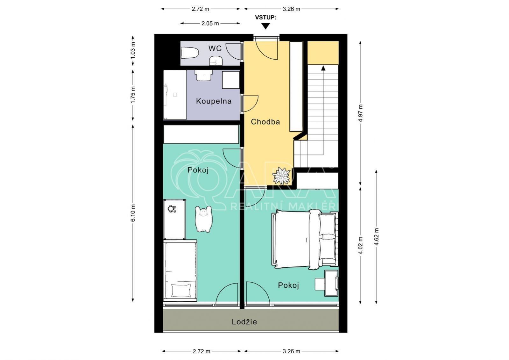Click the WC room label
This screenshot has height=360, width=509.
coord(215,48)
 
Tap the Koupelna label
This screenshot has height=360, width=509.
coord(214,101)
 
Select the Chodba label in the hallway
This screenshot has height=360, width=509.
coord(265,122)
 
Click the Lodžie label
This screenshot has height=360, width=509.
coord(244,322)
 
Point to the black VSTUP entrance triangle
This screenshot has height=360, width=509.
coord(265,26)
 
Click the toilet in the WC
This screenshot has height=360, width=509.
coord(190,53)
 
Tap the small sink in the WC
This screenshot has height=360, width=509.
coord(216,61)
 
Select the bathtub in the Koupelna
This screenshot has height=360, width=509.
coord(175,95)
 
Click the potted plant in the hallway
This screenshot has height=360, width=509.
coord(281,176)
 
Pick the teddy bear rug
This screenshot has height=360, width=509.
coord(203,219)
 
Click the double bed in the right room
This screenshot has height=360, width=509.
coord(305,239)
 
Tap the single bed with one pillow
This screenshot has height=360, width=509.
coord(180,270)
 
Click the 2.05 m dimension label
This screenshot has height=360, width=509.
coord(210,23)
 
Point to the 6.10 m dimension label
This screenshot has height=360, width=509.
coord(133,213)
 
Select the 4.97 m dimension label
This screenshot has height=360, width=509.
coord(360,113)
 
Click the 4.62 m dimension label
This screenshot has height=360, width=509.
coord(376,237)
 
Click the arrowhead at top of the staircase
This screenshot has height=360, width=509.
coord(323,68)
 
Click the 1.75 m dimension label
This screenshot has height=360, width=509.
coord(133,95)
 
